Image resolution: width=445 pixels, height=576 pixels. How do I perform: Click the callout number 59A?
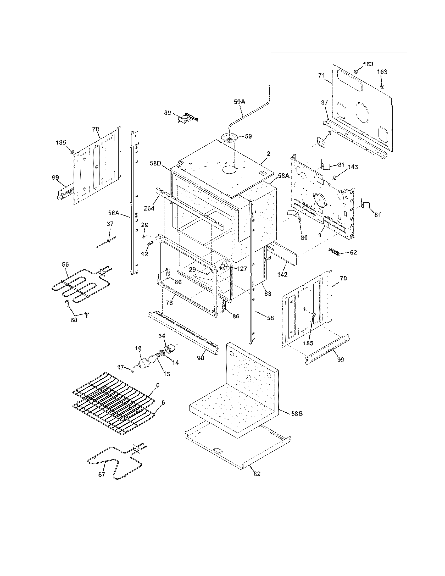point(239,102)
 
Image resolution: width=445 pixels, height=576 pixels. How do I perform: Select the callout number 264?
point(149,208)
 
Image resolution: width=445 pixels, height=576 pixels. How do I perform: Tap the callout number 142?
point(282,274)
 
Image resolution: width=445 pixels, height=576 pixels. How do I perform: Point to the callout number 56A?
point(114,213)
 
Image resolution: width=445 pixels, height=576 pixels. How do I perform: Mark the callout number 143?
point(353,167)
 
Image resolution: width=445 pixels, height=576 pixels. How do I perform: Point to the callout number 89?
point(168,113)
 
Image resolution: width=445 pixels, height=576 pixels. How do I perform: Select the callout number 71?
point(321,75)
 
